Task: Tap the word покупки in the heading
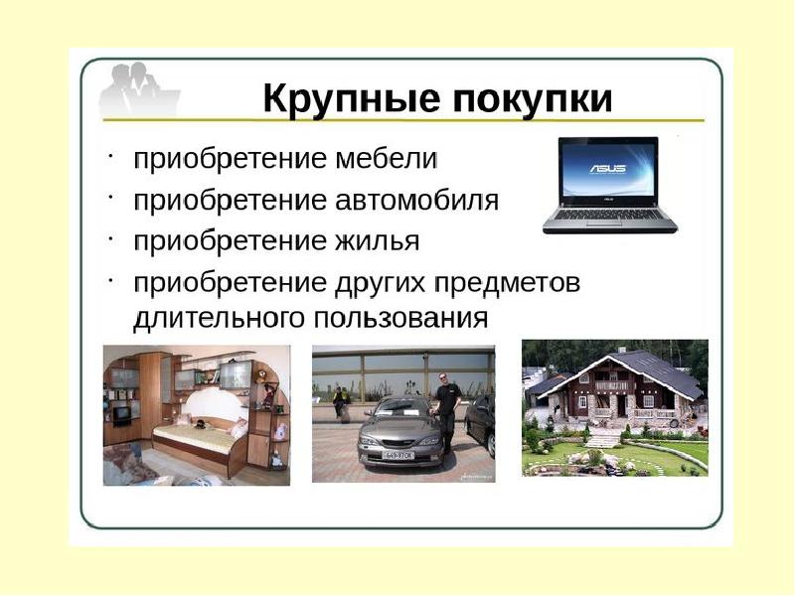[x=533, y=98]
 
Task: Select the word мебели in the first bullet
[x=386, y=159]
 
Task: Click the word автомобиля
[x=416, y=201]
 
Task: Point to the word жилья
[x=377, y=241]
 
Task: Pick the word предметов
[x=507, y=283]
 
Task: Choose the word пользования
[x=400, y=318]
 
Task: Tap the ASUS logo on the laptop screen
[x=608, y=168]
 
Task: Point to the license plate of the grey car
[x=398, y=456]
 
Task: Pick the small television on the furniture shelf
[x=122, y=414]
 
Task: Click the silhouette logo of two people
[x=139, y=91]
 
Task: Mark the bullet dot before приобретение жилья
[x=110, y=236]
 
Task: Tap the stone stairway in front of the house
[x=602, y=439]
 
